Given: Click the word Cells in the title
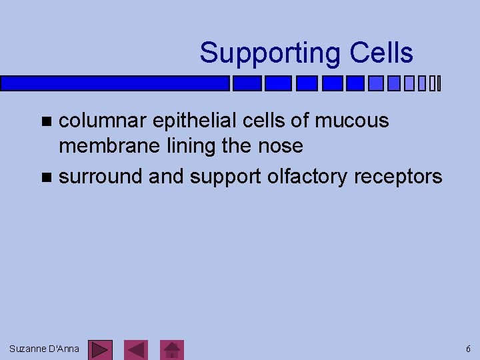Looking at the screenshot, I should (383, 53).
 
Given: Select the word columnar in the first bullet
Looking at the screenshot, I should (103, 121).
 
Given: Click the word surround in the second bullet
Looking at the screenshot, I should (101, 176).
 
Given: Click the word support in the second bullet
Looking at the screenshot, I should (225, 176).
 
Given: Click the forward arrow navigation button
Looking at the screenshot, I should (101, 350).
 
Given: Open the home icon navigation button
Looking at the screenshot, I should (173, 350).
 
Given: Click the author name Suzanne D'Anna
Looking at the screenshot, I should (44, 349).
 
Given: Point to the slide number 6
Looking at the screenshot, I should (468, 349).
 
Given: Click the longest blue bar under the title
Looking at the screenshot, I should (115, 83).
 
